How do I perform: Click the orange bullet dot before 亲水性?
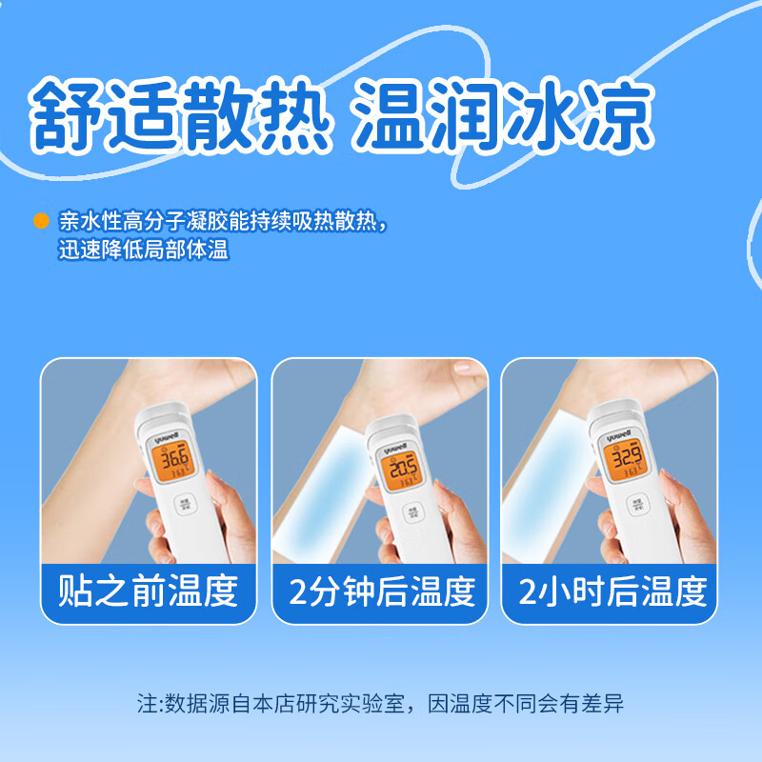[41, 221]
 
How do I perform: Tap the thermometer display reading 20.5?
[403, 470]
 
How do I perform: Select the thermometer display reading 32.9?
[625, 464]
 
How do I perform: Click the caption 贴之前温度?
[148, 592]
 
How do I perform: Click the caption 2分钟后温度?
[381, 592]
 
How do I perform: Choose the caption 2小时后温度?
[612, 592]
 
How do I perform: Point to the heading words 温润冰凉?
[503, 117]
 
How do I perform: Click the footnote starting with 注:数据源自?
[381, 706]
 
